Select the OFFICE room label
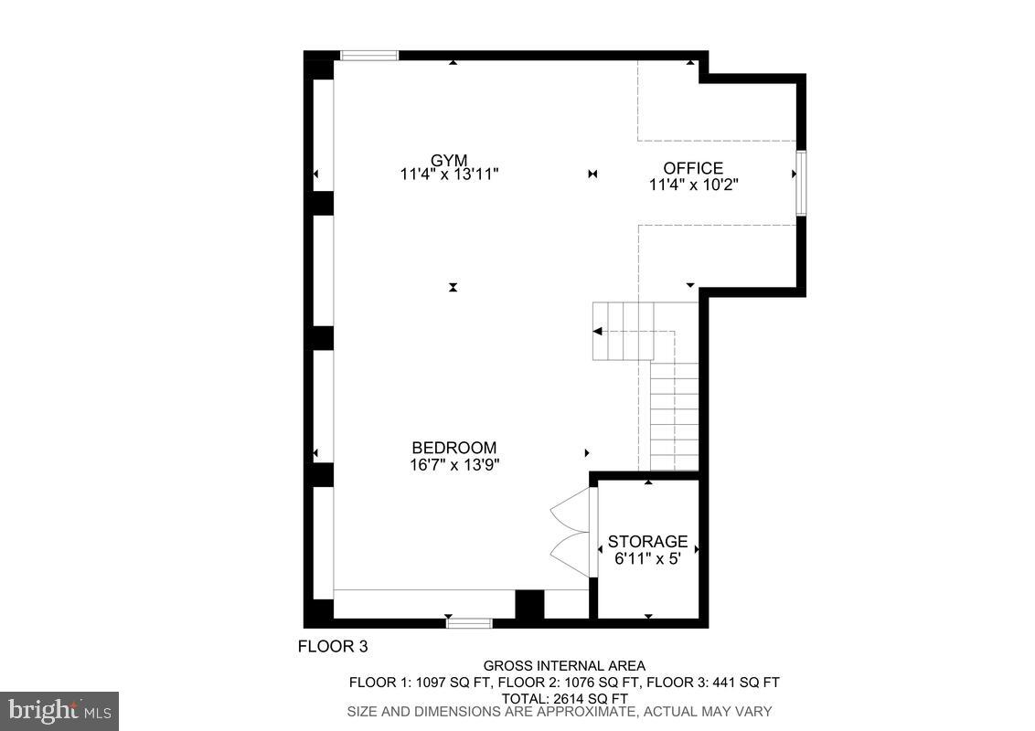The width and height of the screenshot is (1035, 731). pyautogui.click(x=693, y=168)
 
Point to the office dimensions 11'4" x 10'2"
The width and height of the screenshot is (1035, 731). pyautogui.click(x=693, y=184)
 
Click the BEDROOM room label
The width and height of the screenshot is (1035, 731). pyautogui.click(x=454, y=448)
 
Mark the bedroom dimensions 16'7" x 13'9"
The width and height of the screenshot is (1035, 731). pyautogui.click(x=454, y=464)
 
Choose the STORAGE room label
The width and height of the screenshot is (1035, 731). pyautogui.click(x=647, y=541)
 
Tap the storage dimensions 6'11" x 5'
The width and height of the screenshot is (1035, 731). pyautogui.click(x=647, y=557)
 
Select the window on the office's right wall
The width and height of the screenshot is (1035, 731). pyautogui.click(x=800, y=183)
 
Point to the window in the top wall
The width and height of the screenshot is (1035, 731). pyautogui.click(x=369, y=56)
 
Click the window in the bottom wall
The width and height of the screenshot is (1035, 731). pyautogui.click(x=469, y=623)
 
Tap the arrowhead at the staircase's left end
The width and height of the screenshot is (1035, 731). pyautogui.click(x=598, y=331)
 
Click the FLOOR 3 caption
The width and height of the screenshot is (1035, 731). pyautogui.click(x=333, y=647)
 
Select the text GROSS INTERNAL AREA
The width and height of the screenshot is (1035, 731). pyautogui.click(x=564, y=666)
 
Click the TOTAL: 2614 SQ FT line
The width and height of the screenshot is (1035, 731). pyautogui.click(x=564, y=696)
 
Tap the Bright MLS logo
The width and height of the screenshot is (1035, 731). pyautogui.click(x=59, y=710)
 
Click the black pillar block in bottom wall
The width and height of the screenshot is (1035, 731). pyautogui.click(x=529, y=605)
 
